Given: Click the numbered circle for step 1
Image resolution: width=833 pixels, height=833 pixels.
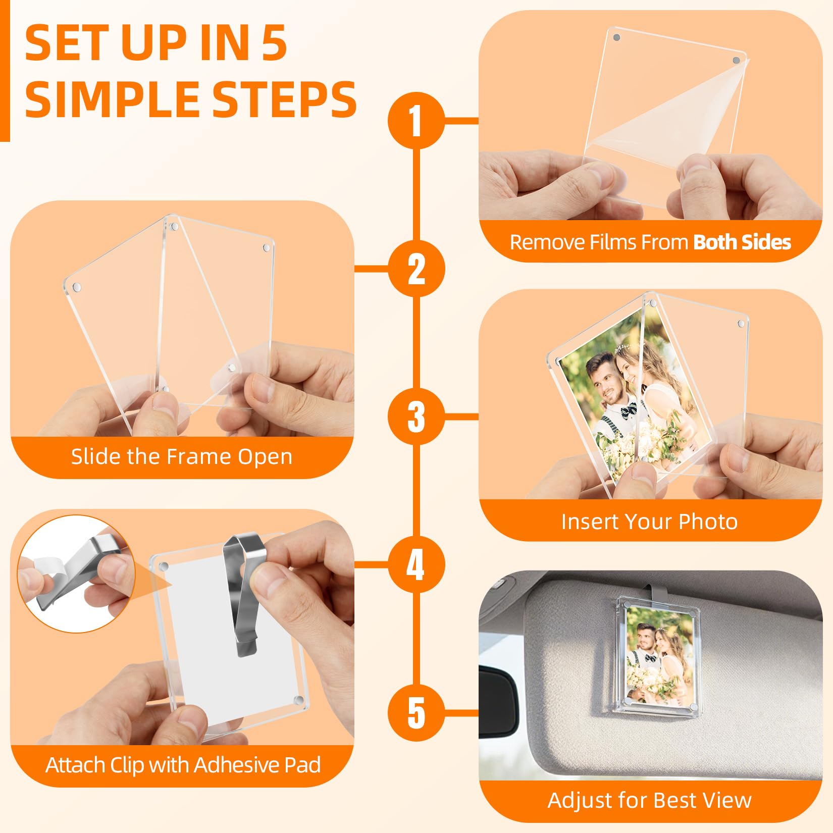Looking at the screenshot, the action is pyautogui.click(x=416, y=121).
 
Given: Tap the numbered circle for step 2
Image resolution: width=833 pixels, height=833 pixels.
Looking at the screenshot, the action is pyautogui.click(x=416, y=269).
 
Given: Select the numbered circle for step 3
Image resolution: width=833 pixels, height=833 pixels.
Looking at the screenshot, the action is pyautogui.click(x=416, y=416).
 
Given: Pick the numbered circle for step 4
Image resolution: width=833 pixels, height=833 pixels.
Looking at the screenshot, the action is pyautogui.click(x=416, y=564).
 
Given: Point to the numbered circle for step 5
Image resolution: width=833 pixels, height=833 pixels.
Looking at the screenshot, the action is pyautogui.click(x=416, y=712).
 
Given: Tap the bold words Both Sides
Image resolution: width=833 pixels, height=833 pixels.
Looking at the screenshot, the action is pyautogui.click(x=742, y=242).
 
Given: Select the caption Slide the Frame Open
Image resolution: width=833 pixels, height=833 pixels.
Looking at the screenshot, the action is pyautogui.click(x=182, y=457).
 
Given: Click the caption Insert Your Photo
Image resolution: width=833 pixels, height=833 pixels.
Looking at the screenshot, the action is pyautogui.click(x=650, y=522).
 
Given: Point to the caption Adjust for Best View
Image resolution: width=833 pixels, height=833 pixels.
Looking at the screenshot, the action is pyautogui.click(x=650, y=800).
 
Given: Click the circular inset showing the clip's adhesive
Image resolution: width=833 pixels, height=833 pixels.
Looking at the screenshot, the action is pyautogui.click(x=76, y=574).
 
